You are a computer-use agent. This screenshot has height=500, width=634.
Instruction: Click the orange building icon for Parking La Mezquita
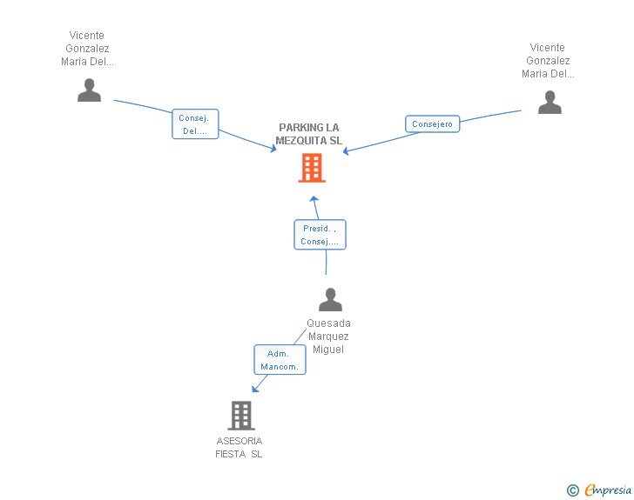[x=312, y=168]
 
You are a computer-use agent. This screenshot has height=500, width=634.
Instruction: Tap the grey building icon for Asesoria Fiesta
[x=241, y=416]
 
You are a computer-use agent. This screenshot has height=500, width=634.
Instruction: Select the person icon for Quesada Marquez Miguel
[x=330, y=300]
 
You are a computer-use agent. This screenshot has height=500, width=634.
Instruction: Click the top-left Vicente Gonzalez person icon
[x=89, y=90]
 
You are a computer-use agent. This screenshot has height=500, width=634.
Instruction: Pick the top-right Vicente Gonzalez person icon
[x=550, y=103]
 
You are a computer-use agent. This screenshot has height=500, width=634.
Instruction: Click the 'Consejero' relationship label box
[x=432, y=124]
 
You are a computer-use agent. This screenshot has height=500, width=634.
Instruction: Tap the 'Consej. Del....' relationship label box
[x=195, y=124]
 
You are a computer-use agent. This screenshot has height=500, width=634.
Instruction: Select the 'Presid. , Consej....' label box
[x=320, y=235]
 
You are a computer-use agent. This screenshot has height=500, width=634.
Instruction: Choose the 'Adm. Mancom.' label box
[x=280, y=360]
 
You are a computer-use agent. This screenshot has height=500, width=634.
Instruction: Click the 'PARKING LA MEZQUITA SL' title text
[x=309, y=134]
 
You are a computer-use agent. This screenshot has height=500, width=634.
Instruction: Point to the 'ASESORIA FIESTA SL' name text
[x=239, y=448]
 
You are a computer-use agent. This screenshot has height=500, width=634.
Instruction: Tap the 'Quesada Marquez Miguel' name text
[x=328, y=337]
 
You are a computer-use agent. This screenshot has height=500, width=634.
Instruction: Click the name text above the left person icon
[x=88, y=49]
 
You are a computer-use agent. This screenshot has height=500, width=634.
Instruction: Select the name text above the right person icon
[x=548, y=61]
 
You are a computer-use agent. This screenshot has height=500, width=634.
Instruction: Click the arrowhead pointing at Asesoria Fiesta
[x=256, y=390]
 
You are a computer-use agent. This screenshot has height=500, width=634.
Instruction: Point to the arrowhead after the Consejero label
[x=347, y=151]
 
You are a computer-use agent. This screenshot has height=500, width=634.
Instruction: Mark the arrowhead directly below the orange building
[x=314, y=199]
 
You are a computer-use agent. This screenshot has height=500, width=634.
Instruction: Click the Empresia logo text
[x=608, y=490]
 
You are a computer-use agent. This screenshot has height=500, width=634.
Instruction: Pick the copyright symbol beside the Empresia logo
[x=572, y=490]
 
